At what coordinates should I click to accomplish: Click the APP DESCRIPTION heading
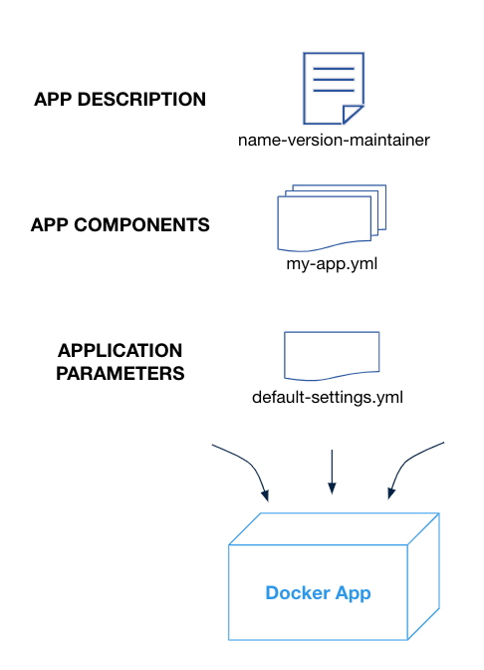[x=120, y=99]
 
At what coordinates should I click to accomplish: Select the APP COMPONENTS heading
[x=120, y=224]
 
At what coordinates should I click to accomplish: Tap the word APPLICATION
[x=120, y=350]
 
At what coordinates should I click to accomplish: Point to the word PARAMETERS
[x=120, y=373]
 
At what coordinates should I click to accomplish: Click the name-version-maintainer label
[x=334, y=141]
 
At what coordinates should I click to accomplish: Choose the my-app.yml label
[x=332, y=264]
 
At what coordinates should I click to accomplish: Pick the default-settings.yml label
[x=328, y=398]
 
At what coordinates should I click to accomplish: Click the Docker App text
[x=318, y=593]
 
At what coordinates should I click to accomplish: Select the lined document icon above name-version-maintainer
[x=334, y=89]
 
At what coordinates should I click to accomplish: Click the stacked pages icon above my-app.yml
[x=332, y=218]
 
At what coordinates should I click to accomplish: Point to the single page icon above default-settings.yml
[x=332, y=356]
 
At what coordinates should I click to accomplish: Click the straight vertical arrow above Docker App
[x=332, y=472]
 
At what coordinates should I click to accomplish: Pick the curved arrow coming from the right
[x=406, y=461]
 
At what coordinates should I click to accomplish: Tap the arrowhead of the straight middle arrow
[x=332, y=489]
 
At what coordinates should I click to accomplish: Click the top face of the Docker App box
[x=334, y=529]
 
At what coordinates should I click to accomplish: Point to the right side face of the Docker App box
[x=423, y=576]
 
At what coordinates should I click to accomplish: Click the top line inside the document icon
[x=334, y=69]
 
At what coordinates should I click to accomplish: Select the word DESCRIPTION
[x=141, y=99]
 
